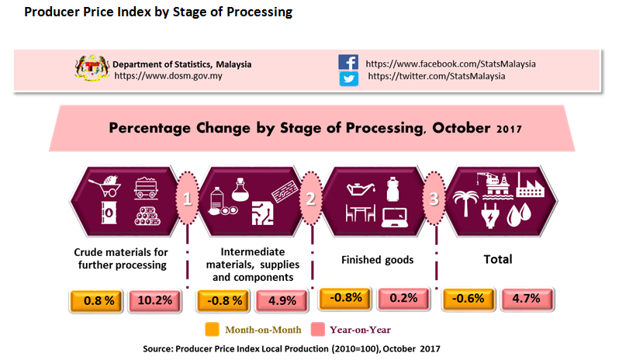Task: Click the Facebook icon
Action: pos(348,63)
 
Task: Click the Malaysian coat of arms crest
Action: pos(90,68)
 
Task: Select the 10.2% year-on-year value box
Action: pos(155,299)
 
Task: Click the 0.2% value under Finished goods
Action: pos(404,297)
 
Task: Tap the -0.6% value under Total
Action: pos(468,299)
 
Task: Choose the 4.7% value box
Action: pos(528,299)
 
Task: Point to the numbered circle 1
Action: pos(186,199)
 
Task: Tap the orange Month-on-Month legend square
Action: pos(211,329)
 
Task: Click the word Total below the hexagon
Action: pos(499,259)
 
